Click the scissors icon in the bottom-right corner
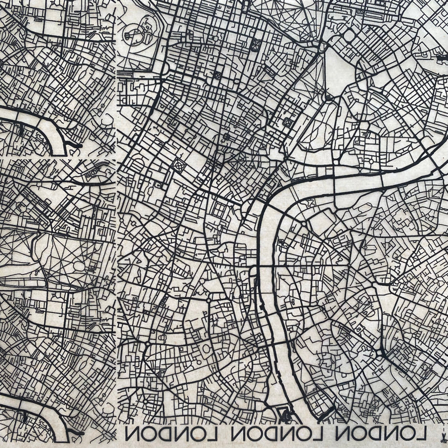(441, 433)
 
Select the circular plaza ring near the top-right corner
(349, 36)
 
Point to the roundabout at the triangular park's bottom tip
(328, 97)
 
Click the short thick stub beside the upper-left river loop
(76, 146)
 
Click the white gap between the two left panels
(56, 158)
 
